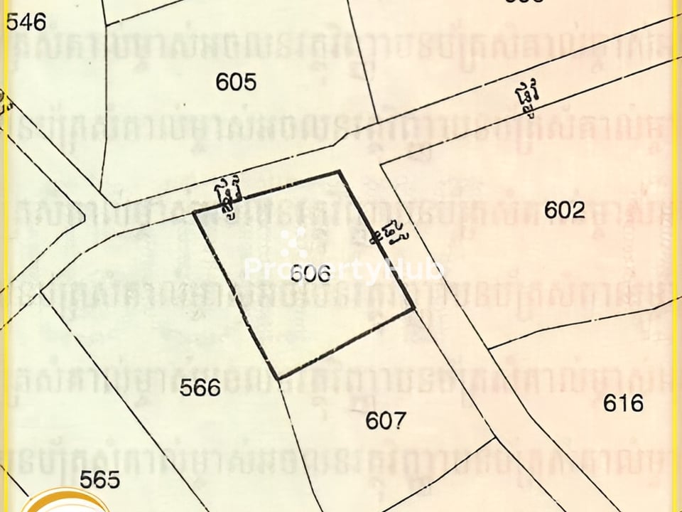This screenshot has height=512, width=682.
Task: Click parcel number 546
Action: [x=26, y=23]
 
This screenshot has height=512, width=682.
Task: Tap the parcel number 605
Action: [x=236, y=82]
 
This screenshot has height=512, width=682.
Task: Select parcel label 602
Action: [x=565, y=210]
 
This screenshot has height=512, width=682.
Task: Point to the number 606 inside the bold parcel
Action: [x=311, y=274]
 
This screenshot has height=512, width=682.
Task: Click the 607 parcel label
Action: [x=386, y=421]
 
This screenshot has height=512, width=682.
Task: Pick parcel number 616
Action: [x=623, y=403]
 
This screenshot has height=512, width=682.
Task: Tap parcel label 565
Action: [x=99, y=479]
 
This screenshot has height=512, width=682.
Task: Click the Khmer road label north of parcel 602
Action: [x=526, y=100]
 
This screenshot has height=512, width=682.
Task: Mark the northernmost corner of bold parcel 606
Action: [x=339, y=171]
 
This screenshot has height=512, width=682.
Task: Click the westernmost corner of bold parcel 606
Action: [x=194, y=212]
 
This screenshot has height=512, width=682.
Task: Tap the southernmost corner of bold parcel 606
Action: [x=278, y=378]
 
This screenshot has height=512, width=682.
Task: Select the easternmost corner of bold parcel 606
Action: [x=414, y=309]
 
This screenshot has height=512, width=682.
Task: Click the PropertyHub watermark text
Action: [x=345, y=270]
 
